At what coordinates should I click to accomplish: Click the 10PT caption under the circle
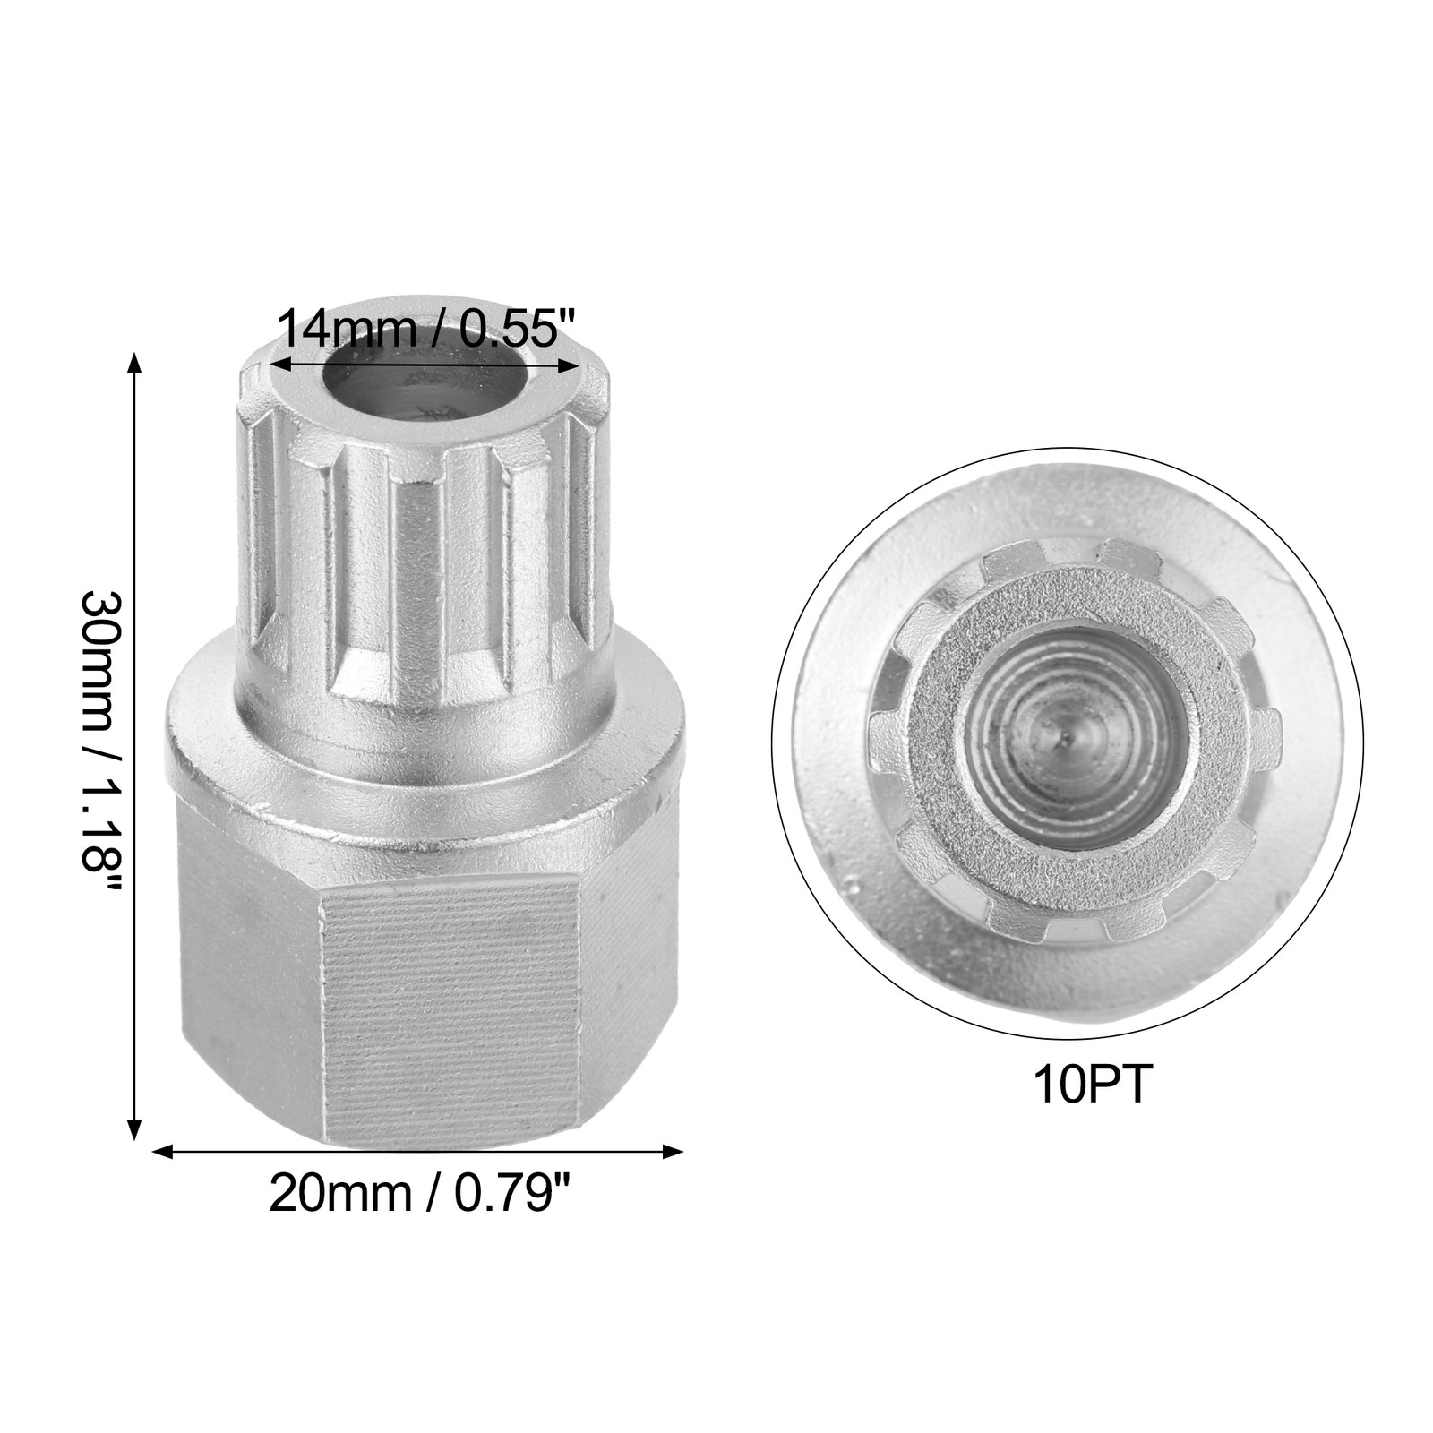(x=1090, y=1085)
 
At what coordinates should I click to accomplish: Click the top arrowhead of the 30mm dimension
(x=134, y=360)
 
